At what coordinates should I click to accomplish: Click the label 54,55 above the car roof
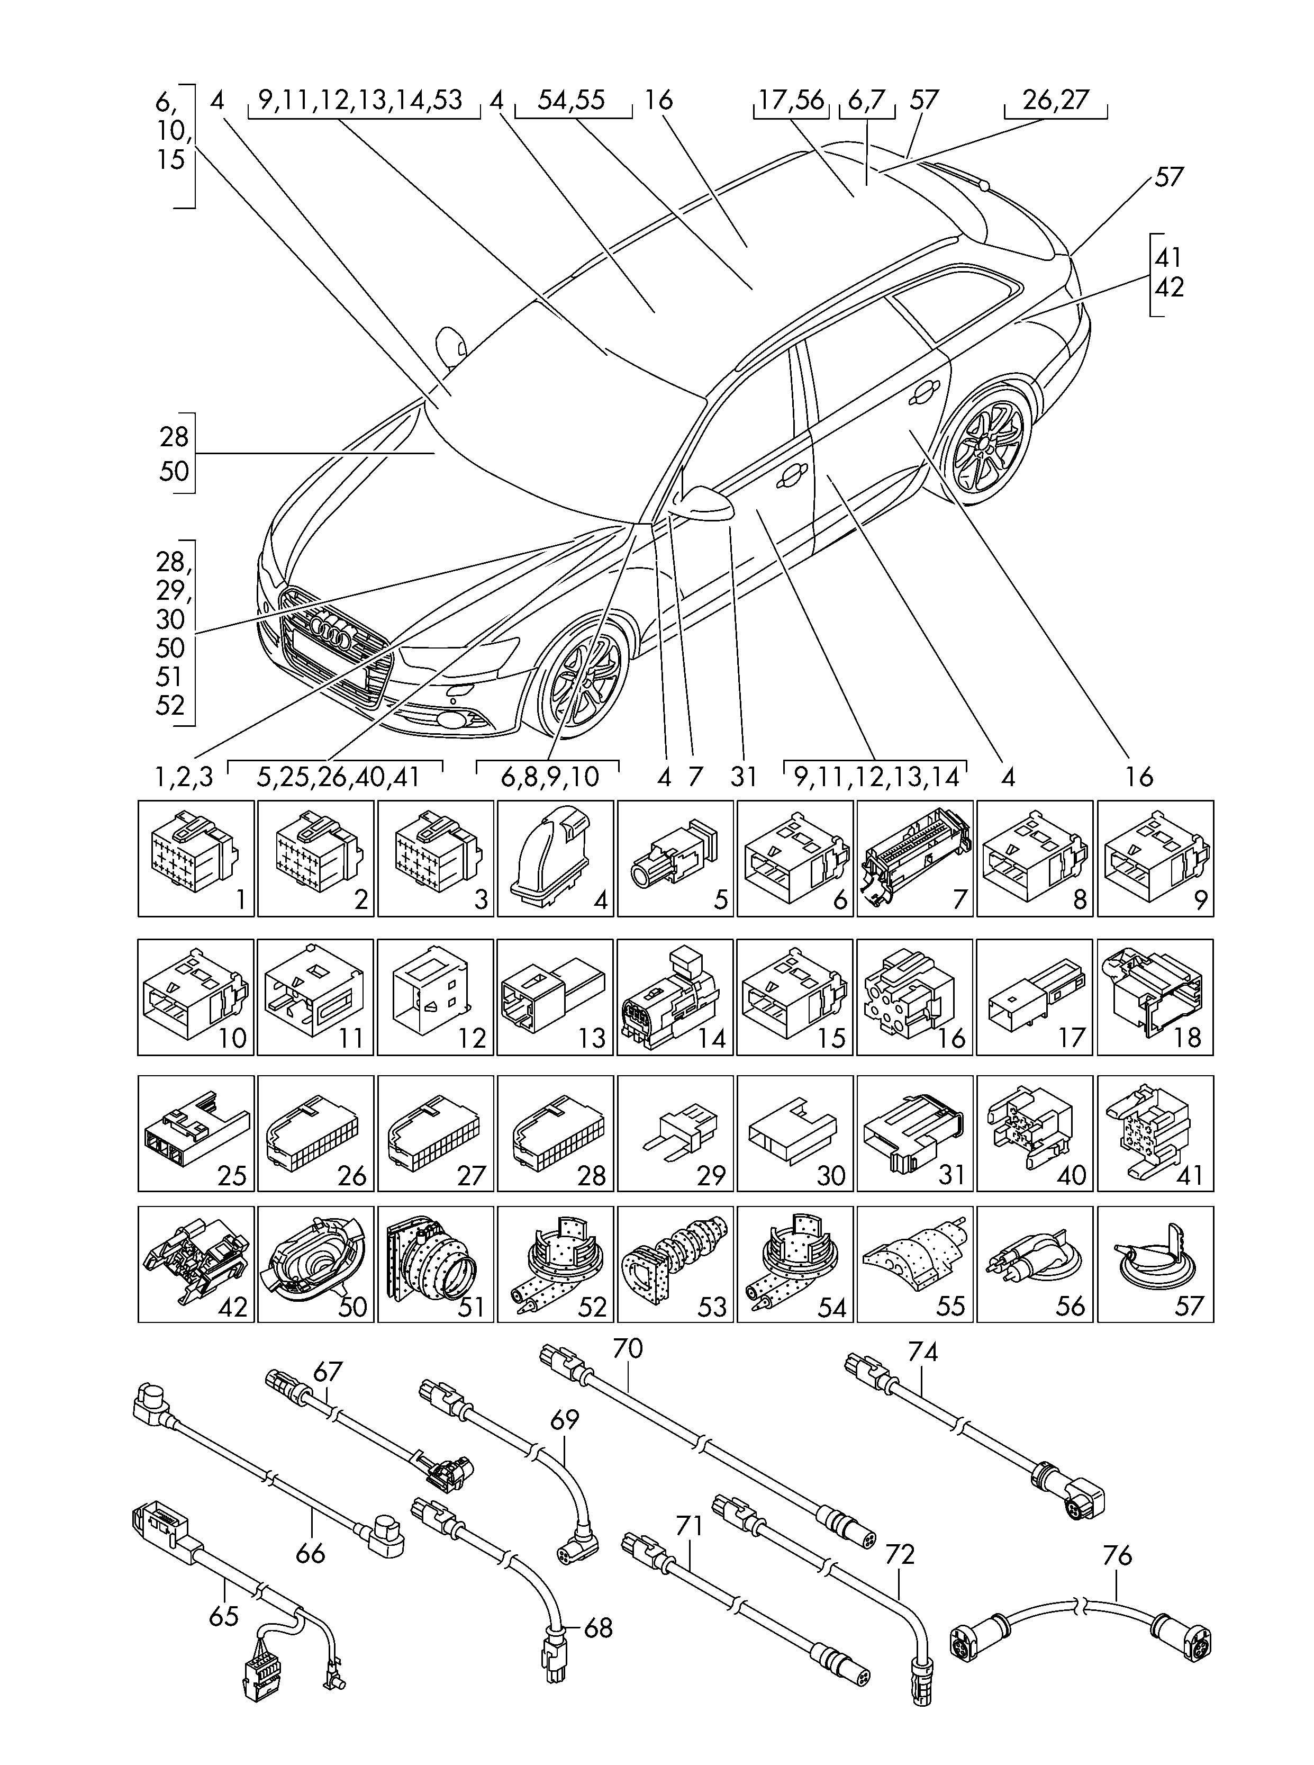point(571,100)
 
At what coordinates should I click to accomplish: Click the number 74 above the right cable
point(923,1350)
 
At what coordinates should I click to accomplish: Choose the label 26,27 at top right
point(1056,100)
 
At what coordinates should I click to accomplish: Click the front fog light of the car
point(457,722)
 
